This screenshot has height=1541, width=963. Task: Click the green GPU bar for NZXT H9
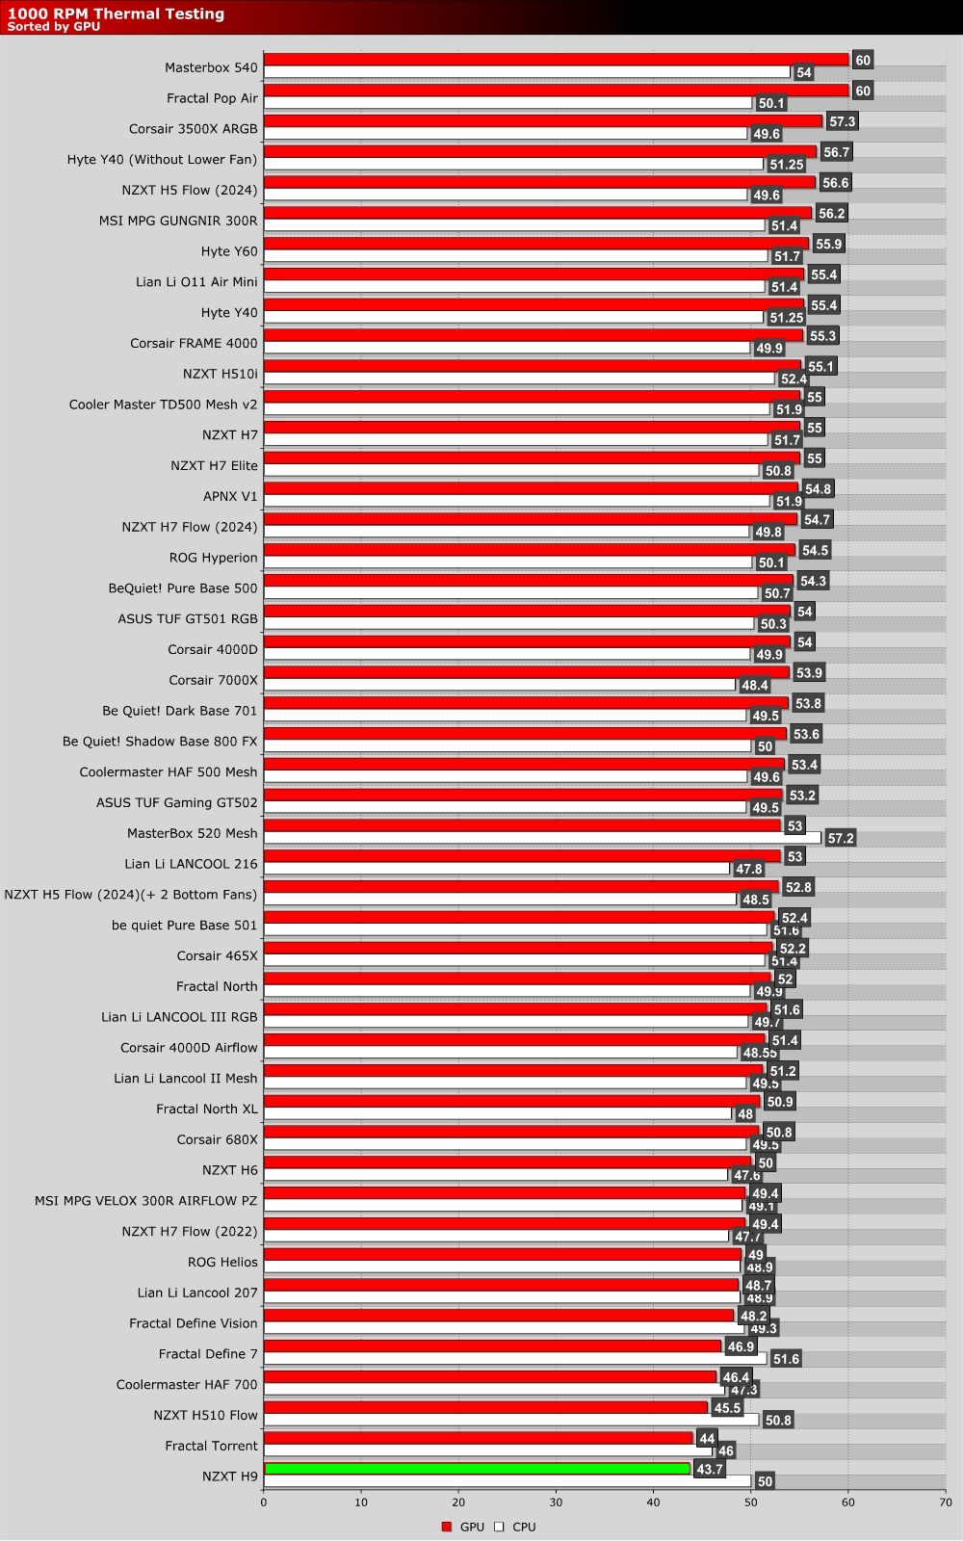tap(477, 1469)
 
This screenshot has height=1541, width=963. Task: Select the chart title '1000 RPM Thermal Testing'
tap(116, 13)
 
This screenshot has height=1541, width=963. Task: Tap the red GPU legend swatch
tap(447, 1527)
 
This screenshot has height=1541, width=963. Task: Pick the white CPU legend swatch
tap(499, 1527)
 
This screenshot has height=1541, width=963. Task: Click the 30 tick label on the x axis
tap(556, 1502)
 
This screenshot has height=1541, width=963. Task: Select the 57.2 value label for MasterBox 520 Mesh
tap(840, 838)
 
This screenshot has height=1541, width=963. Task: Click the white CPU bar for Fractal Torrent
tap(487, 1450)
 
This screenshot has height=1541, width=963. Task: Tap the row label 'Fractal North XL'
tap(207, 1109)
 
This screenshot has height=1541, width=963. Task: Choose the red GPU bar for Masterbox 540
tap(556, 60)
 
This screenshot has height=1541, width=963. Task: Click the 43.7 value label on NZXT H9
tap(709, 1470)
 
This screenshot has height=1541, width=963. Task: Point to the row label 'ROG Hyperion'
tap(213, 558)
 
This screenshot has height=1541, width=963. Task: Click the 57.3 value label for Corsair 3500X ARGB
tap(842, 121)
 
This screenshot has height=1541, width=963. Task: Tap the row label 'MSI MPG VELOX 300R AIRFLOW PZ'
tap(145, 1201)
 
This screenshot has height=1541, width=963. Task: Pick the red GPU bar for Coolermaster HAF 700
tap(490, 1377)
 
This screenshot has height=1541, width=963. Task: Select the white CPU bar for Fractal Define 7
tap(515, 1359)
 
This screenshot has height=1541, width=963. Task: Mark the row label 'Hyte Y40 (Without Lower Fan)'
tap(162, 159)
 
